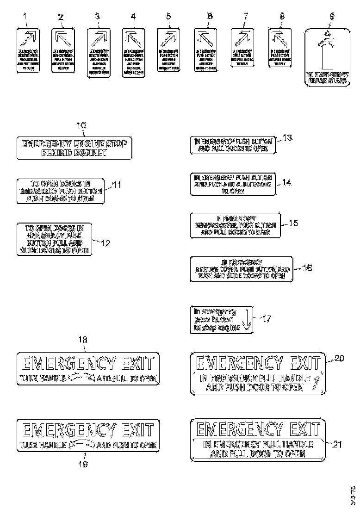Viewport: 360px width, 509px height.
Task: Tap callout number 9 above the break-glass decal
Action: (331, 16)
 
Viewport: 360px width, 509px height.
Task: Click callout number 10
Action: (81, 125)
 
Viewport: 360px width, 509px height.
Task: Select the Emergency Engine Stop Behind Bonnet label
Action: (74, 148)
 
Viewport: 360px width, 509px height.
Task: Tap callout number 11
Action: (117, 185)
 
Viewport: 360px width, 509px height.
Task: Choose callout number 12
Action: (106, 242)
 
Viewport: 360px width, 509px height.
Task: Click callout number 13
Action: (287, 138)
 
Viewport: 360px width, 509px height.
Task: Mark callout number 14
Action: (287, 182)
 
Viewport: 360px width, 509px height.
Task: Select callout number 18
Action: (82, 340)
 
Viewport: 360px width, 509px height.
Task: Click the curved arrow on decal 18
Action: (81, 378)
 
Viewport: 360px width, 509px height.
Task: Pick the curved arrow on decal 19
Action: (81, 445)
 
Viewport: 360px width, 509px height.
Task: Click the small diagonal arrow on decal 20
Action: (317, 382)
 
